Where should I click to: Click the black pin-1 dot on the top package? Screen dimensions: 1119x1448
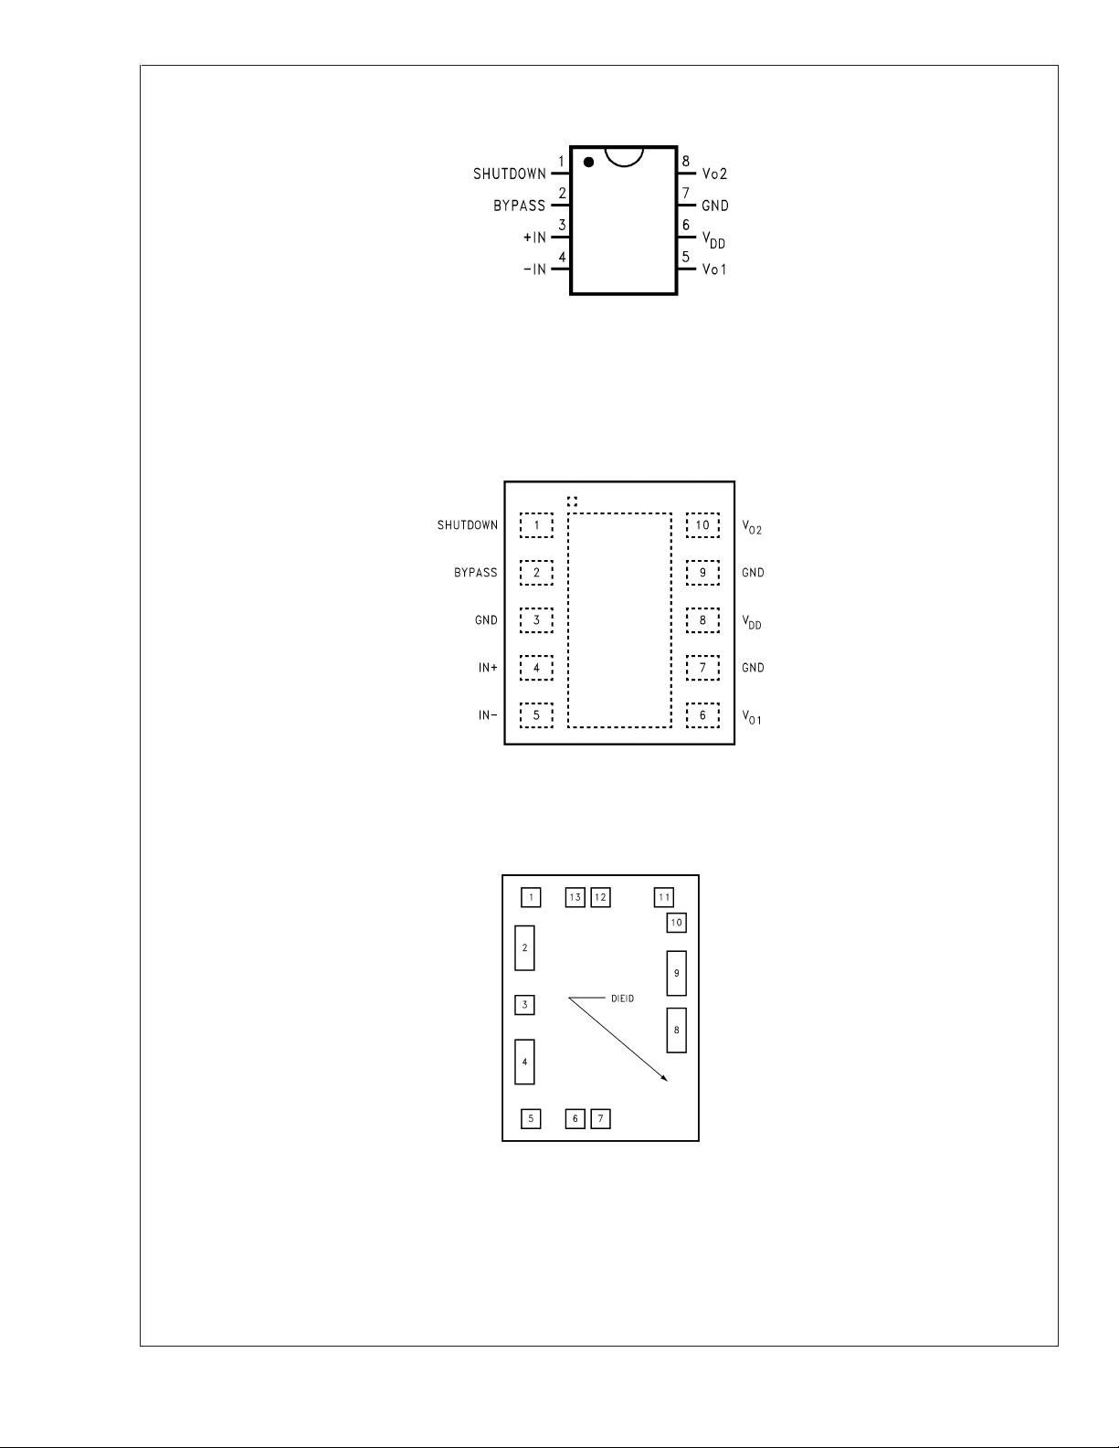589,162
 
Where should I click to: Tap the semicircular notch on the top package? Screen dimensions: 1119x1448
624,165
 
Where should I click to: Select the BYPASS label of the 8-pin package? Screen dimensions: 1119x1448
519,206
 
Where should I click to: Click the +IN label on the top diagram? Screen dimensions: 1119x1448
534,238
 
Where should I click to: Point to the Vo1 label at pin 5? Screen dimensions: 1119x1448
714,270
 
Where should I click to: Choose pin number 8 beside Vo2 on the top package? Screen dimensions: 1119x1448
685,162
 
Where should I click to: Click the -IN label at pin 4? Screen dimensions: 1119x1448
534,270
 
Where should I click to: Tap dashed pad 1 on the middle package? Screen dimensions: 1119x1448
536,525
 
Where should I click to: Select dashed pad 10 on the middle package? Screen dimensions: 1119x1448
702,525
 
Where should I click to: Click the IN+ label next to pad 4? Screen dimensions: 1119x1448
488,668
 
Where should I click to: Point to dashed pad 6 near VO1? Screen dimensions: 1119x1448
702,715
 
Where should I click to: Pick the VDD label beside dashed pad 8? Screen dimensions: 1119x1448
752,622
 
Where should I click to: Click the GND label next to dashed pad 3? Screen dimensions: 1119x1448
486,620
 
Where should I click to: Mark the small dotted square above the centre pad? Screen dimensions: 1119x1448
572,502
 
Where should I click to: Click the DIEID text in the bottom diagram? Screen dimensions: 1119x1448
623,999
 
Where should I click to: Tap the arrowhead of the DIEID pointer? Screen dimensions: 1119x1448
664,1078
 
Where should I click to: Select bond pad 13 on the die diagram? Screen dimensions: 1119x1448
575,898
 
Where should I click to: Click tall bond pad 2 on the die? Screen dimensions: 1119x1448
525,948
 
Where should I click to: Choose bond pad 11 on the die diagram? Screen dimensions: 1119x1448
664,898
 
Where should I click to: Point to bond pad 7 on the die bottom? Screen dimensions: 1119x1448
601,1119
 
